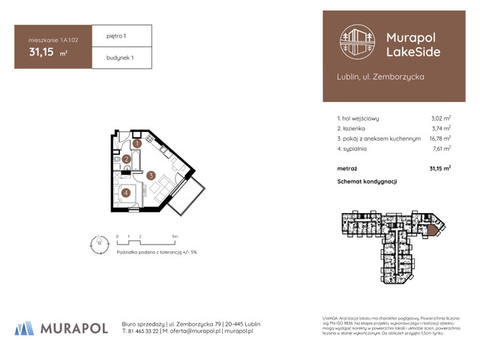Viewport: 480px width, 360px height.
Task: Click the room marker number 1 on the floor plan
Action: (x=137, y=143)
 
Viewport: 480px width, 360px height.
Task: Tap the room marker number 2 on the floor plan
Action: (x=127, y=159)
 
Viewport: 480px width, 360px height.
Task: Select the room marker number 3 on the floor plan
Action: (x=151, y=176)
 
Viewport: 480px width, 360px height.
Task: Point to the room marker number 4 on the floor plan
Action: (x=126, y=192)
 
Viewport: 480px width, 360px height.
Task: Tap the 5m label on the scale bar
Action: (x=175, y=235)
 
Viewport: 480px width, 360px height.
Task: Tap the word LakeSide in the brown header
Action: (x=412, y=51)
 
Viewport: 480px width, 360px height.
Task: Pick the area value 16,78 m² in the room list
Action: (x=439, y=138)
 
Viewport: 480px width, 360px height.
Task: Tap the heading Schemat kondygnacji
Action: (x=367, y=181)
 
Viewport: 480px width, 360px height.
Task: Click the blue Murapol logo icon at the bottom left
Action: (x=25, y=328)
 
